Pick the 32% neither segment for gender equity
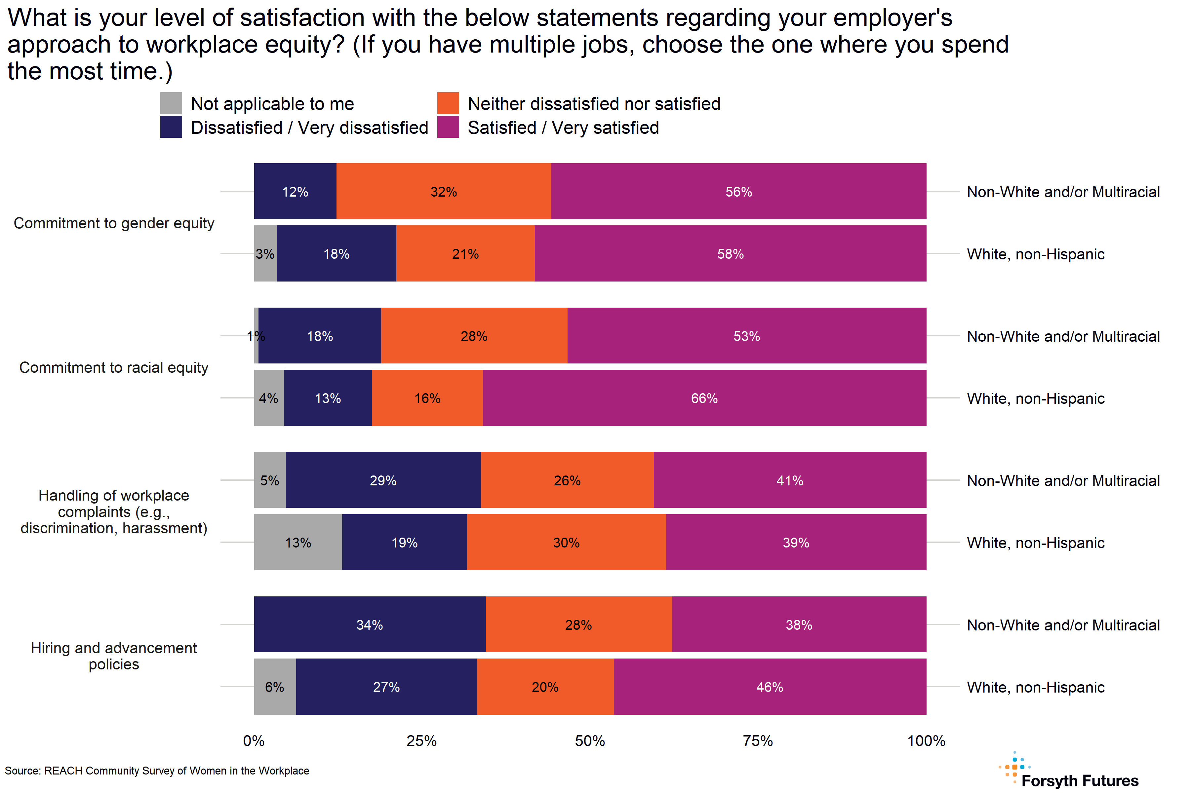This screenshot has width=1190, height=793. (x=443, y=192)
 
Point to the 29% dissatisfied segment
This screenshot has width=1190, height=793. (x=383, y=480)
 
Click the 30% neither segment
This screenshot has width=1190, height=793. (x=566, y=543)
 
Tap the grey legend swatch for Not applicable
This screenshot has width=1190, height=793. (x=171, y=103)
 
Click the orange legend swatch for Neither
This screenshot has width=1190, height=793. (x=448, y=103)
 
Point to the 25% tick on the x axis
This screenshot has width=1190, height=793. (x=421, y=741)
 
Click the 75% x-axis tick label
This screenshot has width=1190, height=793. (x=757, y=741)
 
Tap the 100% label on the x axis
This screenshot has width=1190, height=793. (x=926, y=741)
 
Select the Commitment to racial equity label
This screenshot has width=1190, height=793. (x=114, y=368)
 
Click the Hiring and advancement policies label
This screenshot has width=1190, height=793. (x=114, y=656)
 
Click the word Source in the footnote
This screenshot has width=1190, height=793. (x=22, y=771)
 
